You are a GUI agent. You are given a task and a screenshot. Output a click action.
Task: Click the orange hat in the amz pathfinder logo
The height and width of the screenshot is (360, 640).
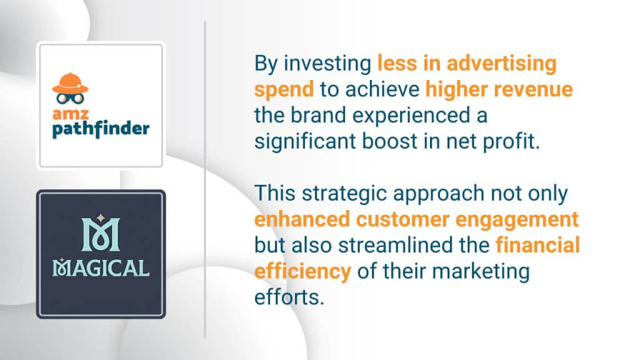coord(70,84)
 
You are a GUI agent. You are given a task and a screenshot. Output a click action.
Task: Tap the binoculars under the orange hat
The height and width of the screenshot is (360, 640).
coord(70,98)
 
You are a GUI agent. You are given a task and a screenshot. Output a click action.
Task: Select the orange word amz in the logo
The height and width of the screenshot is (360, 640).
coord(71,114)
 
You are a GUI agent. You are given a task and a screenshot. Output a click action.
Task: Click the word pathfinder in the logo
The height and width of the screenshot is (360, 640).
coord(101,129)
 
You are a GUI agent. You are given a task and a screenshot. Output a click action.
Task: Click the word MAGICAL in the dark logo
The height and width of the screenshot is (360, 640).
coord(101,268)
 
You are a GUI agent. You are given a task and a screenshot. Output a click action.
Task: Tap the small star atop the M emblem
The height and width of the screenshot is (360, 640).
coord(101,218)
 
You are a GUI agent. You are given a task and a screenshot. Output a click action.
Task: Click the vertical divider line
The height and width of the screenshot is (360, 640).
coord(205,180)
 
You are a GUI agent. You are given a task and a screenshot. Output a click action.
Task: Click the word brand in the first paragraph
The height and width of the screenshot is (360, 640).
coord(318,115)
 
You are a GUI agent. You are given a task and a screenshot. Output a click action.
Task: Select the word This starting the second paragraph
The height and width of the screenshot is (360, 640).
coord(275,193)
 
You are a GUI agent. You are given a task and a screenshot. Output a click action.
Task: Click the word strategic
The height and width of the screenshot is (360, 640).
coord(344,194)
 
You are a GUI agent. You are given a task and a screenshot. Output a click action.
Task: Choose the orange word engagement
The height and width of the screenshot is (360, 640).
coord(517,220)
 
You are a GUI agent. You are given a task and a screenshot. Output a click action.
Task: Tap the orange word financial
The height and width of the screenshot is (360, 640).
coord(538,245)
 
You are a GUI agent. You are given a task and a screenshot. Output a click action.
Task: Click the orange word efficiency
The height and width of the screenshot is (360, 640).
coord(302,272)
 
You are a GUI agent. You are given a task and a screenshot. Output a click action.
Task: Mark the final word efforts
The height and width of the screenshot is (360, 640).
coord(289,297)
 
